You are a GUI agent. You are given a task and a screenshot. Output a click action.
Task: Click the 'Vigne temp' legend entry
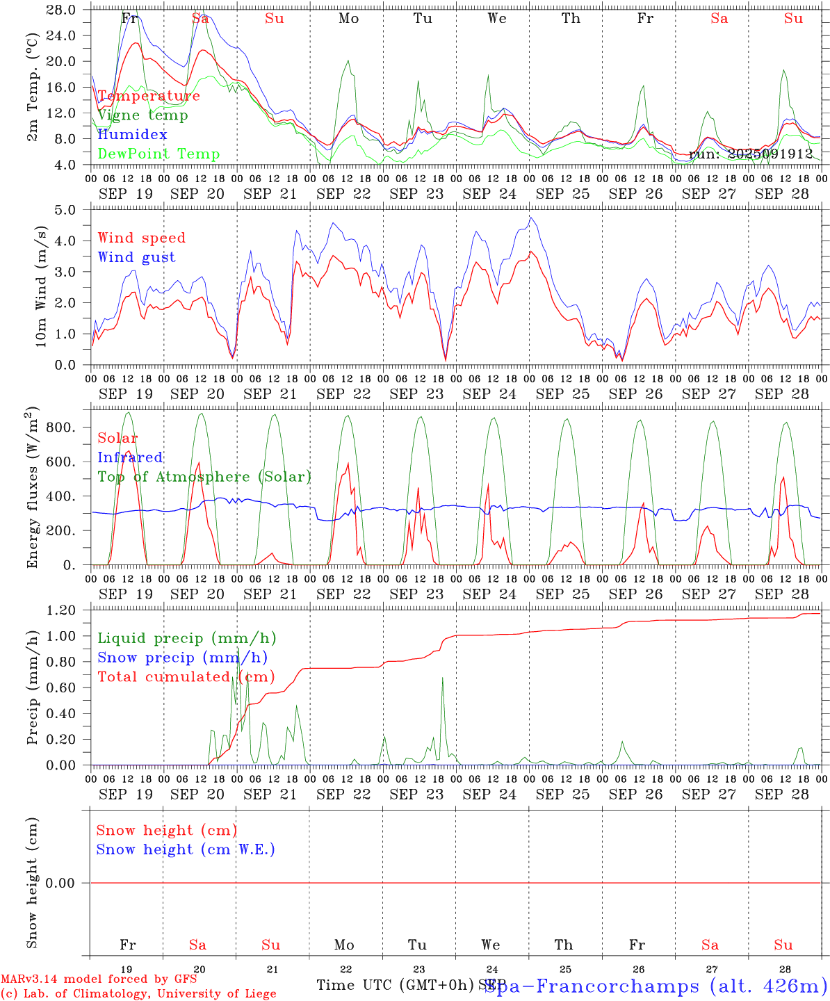[143, 115]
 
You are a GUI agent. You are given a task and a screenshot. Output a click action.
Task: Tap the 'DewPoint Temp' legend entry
[158, 154]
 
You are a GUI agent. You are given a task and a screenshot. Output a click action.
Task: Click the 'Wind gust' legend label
[136, 257]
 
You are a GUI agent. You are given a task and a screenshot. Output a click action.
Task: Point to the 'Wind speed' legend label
[142, 238]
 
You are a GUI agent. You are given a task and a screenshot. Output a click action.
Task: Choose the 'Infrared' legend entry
[130, 457]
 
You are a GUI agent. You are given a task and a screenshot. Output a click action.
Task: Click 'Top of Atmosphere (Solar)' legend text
[204, 477]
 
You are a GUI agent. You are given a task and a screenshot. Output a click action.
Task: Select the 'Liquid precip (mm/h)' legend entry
[187, 638]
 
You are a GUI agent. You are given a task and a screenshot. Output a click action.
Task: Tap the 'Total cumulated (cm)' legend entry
[186, 677]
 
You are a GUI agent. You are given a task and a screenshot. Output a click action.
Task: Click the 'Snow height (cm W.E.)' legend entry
[186, 849]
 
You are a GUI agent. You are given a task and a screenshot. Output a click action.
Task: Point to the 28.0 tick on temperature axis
[63, 10]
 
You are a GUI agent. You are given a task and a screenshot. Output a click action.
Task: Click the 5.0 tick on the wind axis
[67, 210]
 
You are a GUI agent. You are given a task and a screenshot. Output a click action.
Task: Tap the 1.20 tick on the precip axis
[63, 610]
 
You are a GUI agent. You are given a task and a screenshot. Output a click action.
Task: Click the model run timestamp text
[751, 154]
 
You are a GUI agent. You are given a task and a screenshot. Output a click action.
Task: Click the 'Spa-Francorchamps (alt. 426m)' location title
[656, 986]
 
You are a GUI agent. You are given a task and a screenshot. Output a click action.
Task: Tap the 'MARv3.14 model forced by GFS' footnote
[99, 979]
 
